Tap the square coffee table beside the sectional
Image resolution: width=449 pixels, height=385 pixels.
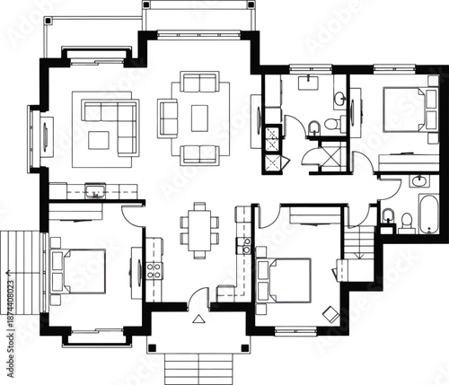click(99, 138)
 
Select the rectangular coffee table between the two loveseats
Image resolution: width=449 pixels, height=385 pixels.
click(198, 115)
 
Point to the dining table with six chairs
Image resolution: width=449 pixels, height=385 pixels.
click(198, 230)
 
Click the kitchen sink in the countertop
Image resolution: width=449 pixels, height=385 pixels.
click(94, 190)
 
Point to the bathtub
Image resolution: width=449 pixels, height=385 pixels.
click(424, 214)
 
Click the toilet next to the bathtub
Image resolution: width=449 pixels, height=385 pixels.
click(389, 215)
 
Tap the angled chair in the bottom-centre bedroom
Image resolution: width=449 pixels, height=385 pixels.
click(330, 311)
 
